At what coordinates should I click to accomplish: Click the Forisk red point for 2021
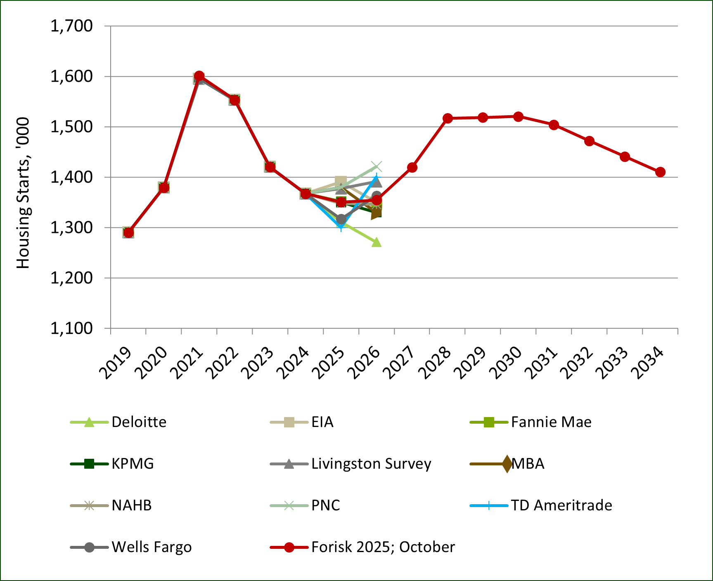click(x=199, y=76)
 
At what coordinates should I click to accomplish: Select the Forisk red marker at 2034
click(x=660, y=172)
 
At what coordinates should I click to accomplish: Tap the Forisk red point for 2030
click(x=518, y=116)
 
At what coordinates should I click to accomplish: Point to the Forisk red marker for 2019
click(x=128, y=232)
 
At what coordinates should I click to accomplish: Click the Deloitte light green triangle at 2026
click(x=377, y=242)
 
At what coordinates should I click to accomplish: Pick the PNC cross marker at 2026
click(x=377, y=166)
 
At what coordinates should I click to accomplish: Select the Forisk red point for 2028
click(x=448, y=118)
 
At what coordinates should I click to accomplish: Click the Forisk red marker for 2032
click(x=589, y=141)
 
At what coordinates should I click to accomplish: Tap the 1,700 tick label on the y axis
click(x=71, y=26)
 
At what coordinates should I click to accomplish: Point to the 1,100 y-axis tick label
click(x=71, y=328)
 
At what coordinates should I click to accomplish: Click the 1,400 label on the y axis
click(x=71, y=177)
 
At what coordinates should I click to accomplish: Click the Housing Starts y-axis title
click(x=23, y=193)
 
